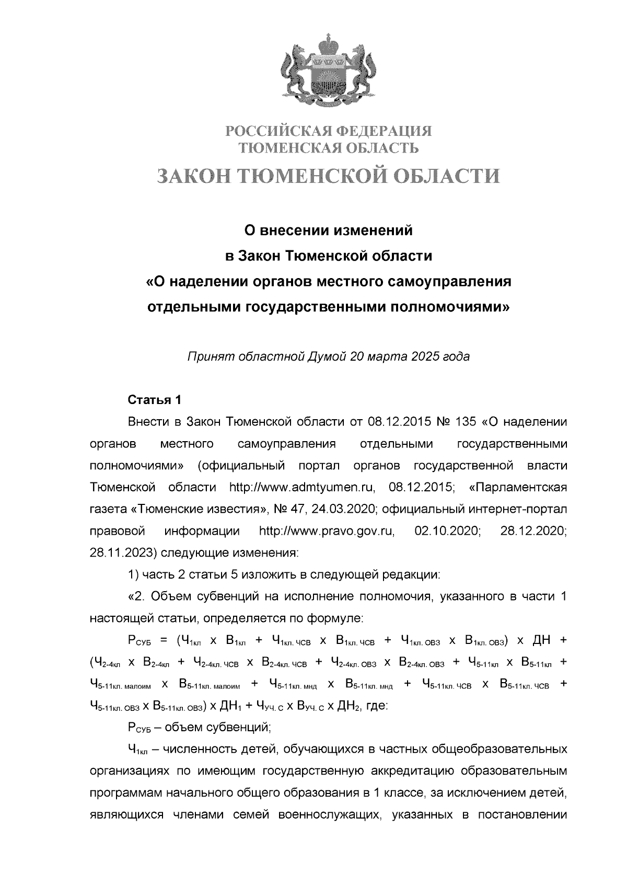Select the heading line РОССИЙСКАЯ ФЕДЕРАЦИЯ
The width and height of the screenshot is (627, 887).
[329, 130]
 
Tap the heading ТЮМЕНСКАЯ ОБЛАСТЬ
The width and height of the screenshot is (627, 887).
[329, 148]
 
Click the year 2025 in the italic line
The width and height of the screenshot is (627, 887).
[425, 357]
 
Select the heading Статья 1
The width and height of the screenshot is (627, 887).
[155, 400]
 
